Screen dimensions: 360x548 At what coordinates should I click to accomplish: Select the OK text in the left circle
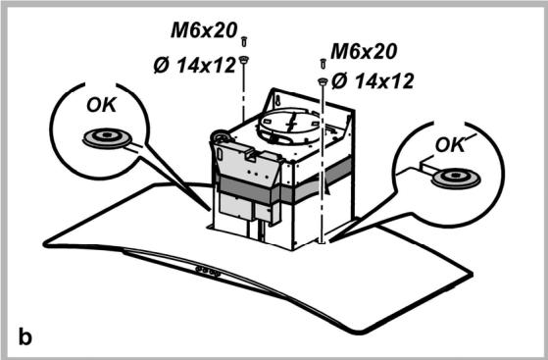tap(99, 105)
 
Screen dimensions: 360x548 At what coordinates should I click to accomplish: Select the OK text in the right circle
tap(451, 145)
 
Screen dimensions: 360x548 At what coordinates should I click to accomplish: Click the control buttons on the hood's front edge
tap(208, 265)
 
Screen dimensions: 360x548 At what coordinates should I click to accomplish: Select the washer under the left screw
tap(244, 59)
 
